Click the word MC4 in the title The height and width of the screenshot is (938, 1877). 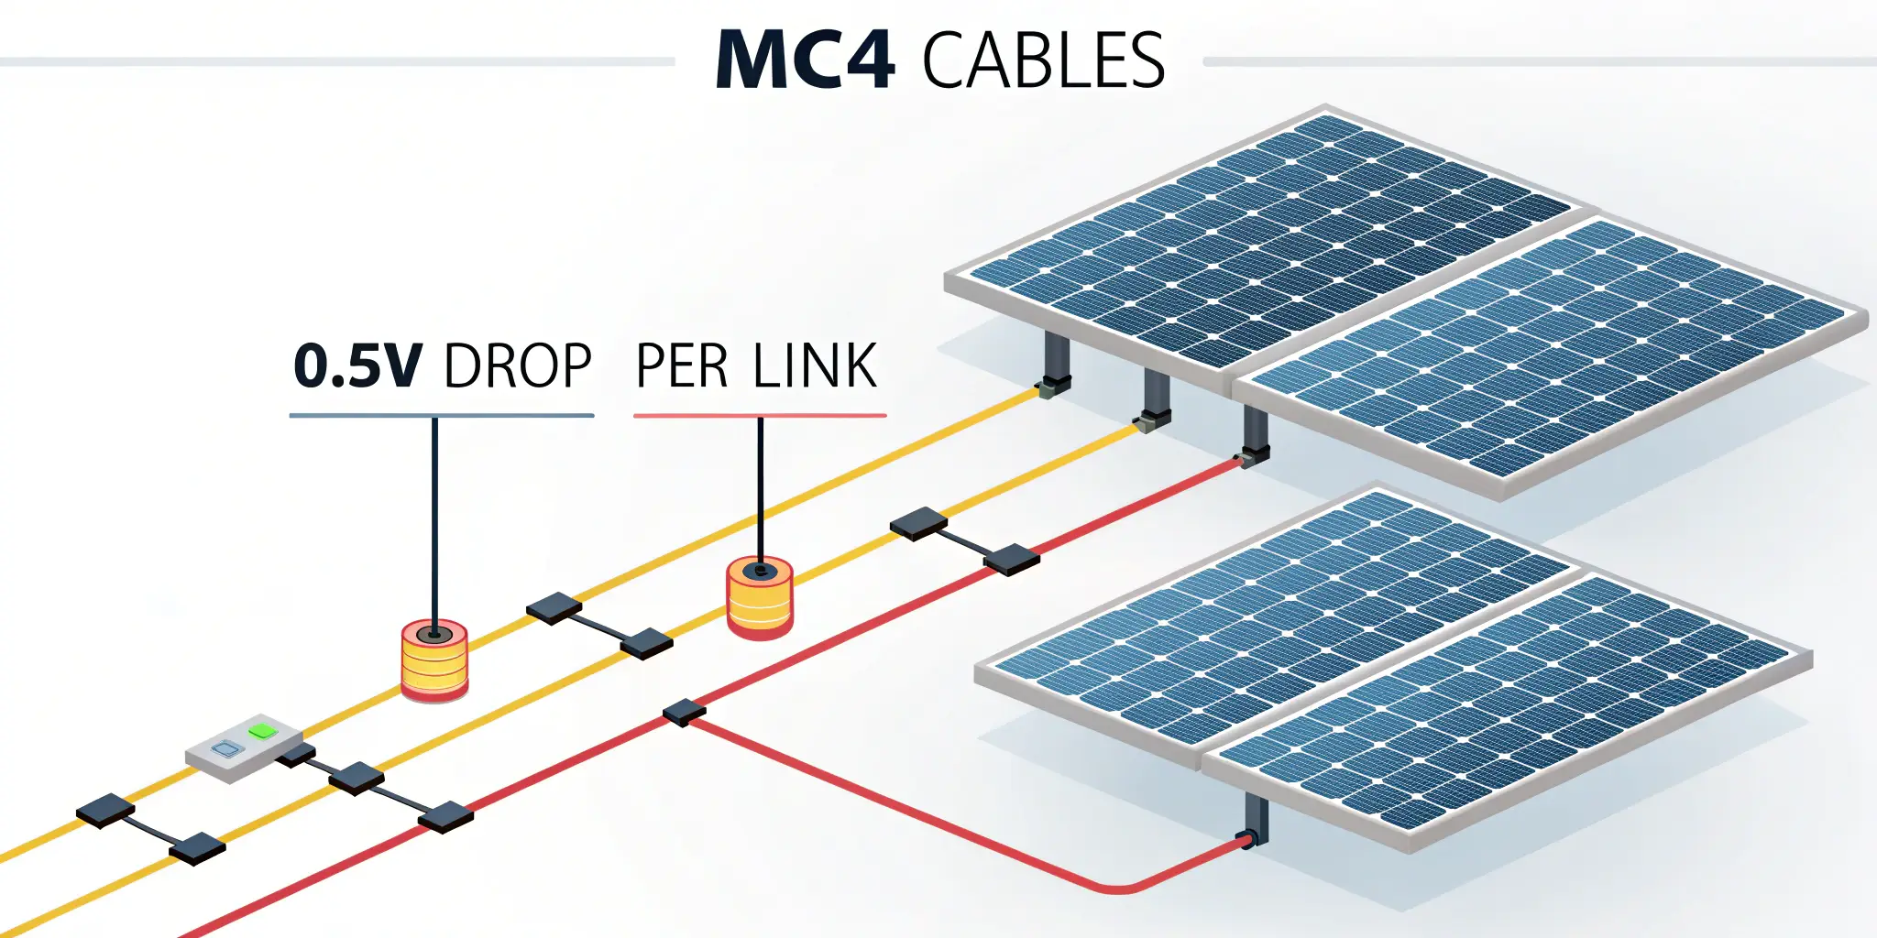(805, 60)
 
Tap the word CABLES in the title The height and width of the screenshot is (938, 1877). (1043, 60)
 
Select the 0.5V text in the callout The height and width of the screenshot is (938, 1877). (357, 365)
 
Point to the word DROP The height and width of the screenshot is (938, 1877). (518, 366)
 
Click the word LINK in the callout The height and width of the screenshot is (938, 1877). (815, 366)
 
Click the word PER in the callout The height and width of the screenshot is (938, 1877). (683, 366)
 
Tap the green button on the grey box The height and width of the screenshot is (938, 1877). (262, 731)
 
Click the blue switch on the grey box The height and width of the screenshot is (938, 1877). (223, 749)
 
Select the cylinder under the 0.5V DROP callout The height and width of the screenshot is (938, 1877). (434, 661)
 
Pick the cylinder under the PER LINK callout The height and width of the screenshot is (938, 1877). (760, 598)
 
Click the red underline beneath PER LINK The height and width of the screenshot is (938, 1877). (760, 416)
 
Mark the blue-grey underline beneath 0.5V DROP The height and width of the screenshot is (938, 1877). (442, 416)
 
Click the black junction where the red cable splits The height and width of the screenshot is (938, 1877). (684, 713)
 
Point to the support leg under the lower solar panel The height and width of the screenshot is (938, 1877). (1257, 815)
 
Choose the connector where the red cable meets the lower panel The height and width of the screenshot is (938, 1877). (1246, 839)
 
